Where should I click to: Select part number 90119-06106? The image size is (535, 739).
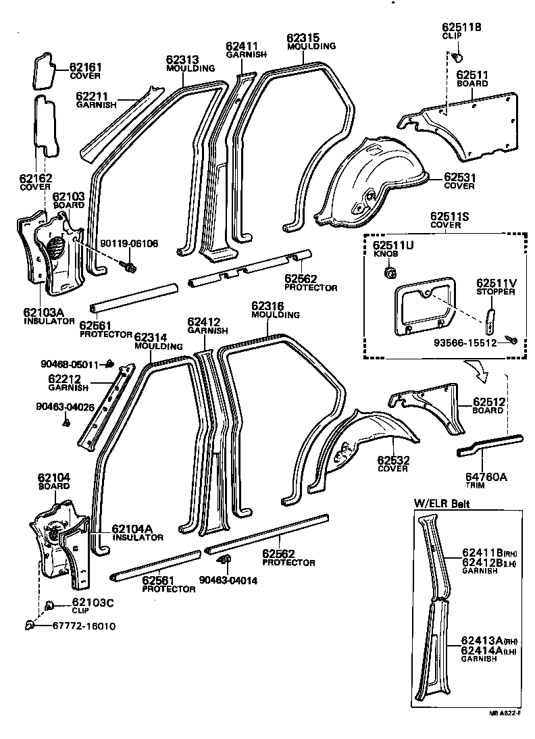click(x=129, y=243)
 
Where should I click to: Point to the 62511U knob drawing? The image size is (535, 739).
click(x=389, y=273)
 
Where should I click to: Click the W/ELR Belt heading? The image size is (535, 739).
click(x=442, y=503)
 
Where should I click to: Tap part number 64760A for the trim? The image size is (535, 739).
click(x=486, y=476)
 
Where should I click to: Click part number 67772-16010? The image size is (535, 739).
click(x=84, y=626)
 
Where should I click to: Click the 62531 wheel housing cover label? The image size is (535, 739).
click(x=461, y=177)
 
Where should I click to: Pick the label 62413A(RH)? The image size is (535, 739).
click(x=486, y=640)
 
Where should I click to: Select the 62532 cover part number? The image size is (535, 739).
click(x=392, y=460)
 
